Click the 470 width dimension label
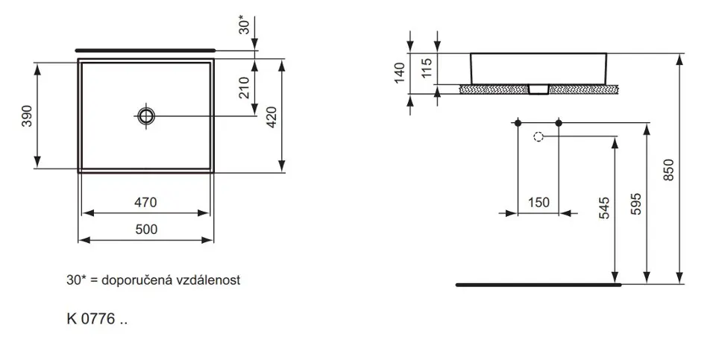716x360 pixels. click(x=145, y=202)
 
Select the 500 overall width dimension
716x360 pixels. click(x=146, y=229)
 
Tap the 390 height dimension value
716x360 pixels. click(x=28, y=116)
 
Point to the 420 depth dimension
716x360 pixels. click(x=271, y=117)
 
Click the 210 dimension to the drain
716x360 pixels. click(x=245, y=88)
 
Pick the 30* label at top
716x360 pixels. click(x=245, y=25)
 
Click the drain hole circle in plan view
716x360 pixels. click(x=146, y=116)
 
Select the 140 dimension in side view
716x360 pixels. click(x=400, y=73)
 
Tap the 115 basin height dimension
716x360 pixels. click(x=427, y=68)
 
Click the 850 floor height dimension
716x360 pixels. click(x=668, y=170)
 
